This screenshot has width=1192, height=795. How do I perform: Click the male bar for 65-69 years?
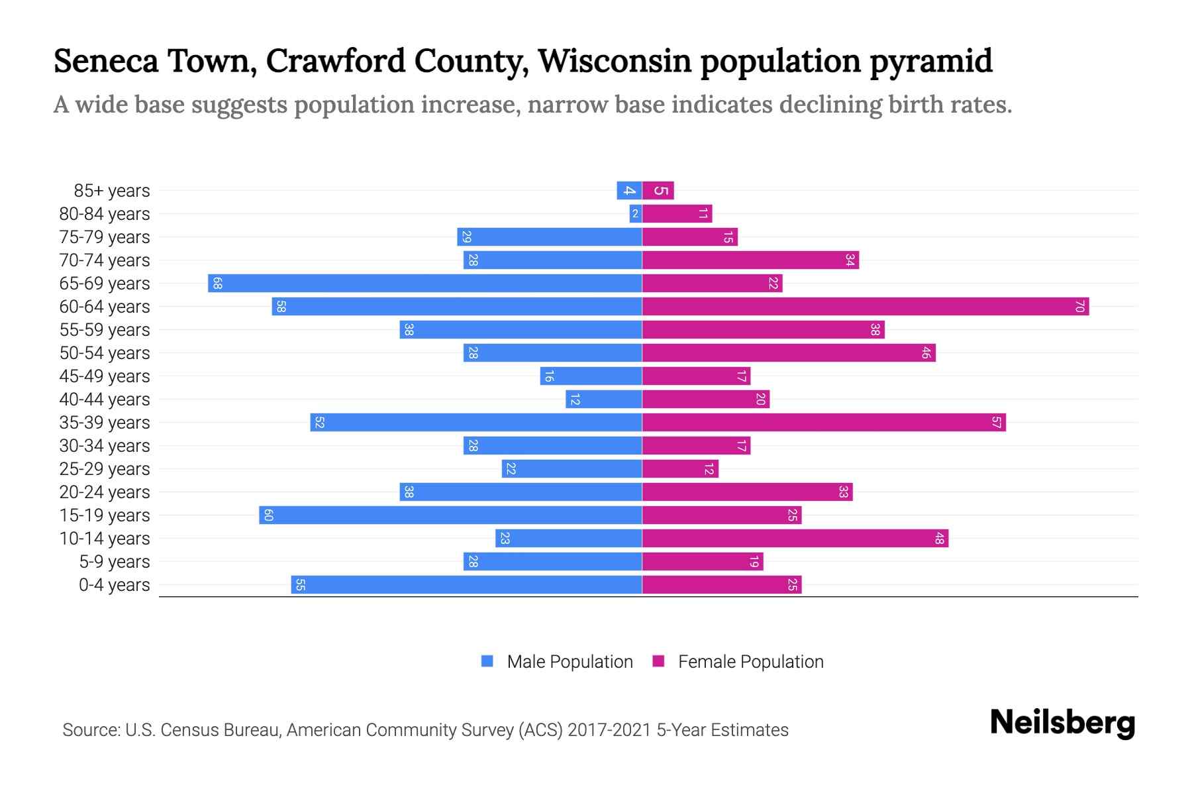424,284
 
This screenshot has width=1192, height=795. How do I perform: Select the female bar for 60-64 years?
865,307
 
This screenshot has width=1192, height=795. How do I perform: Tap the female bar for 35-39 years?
824,423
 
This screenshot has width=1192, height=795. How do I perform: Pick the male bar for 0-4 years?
466,585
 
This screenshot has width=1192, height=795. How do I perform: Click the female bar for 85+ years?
658,191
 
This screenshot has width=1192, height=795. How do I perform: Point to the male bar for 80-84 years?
636,214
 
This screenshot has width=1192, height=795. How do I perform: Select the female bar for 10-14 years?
795,539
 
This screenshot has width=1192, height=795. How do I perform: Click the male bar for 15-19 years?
450,515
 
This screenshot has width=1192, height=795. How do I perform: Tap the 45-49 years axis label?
105,376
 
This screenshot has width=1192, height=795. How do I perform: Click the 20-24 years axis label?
105,492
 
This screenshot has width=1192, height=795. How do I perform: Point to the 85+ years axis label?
112,191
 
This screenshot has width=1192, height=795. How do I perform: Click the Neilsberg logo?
1062,723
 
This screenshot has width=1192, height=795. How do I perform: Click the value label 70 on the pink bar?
1079,307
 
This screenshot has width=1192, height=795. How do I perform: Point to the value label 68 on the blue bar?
217,284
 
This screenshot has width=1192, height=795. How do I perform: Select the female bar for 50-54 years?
788,353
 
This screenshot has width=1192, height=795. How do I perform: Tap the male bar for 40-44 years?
604,399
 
